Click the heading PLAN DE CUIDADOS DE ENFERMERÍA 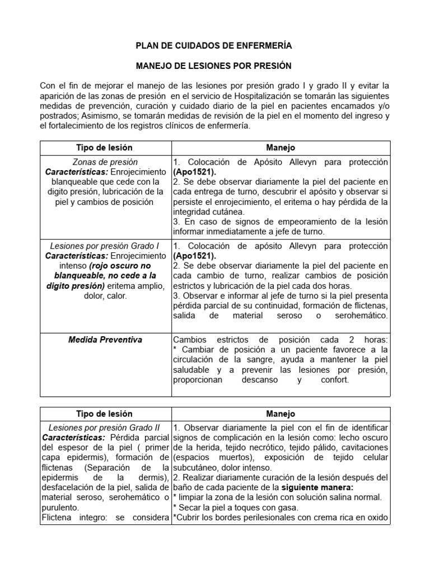click(x=214, y=45)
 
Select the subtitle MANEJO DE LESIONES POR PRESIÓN click(x=214, y=65)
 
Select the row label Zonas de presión click(x=105, y=162)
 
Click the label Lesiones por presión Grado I click(x=105, y=246)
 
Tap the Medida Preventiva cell click(x=105, y=340)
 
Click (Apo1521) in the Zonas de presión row click(x=194, y=172)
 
